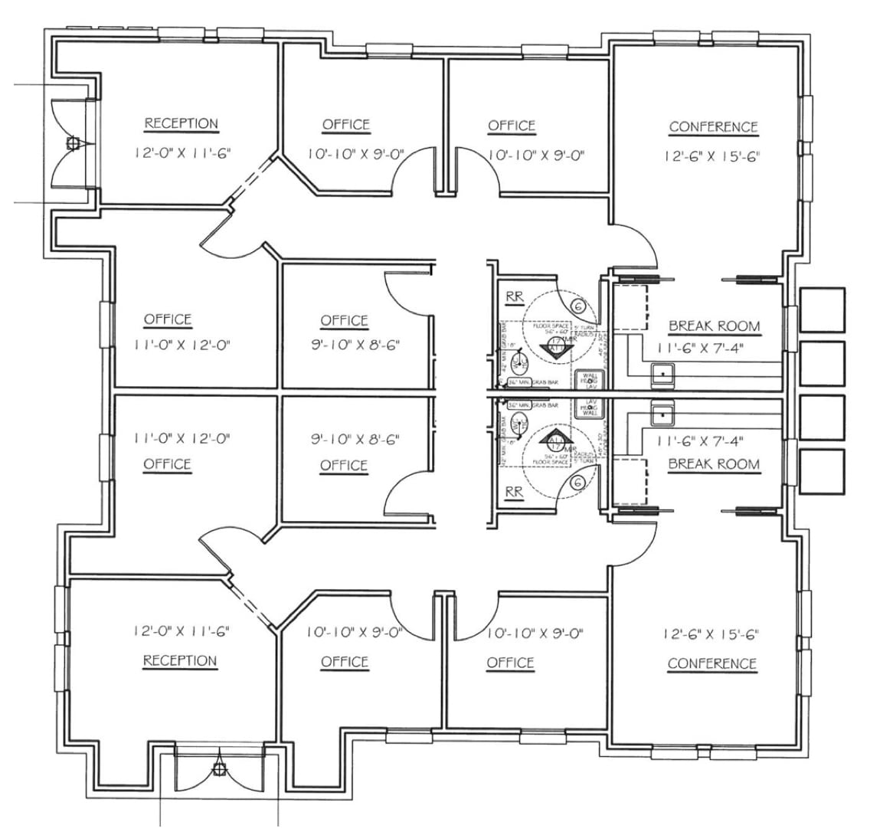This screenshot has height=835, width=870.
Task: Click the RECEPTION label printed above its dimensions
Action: (x=182, y=123)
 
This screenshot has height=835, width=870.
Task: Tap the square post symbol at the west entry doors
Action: (x=74, y=142)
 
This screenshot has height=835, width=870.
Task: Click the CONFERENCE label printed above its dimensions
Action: (x=713, y=126)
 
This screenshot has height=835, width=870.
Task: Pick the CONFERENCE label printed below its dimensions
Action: (x=712, y=663)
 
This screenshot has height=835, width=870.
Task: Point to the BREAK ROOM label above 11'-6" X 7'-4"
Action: (x=714, y=326)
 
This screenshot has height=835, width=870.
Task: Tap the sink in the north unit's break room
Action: (x=661, y=374)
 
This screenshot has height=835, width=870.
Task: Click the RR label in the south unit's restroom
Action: (x=514, y=493)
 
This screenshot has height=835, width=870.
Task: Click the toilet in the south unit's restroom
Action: (x=519, y=424)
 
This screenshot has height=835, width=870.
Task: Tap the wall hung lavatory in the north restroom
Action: (x=591, y=379)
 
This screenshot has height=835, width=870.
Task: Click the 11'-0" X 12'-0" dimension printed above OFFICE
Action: (x=182, y=439)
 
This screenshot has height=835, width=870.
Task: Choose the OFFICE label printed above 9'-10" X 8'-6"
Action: (x=344, y=320)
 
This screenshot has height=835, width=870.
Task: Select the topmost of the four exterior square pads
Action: (x=822, y=309)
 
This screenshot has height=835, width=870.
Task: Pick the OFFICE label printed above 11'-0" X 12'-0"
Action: (x=168, y=319)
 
